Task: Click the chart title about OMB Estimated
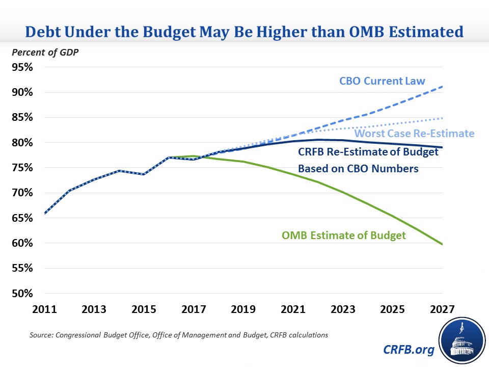point(244,32)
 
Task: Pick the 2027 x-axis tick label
point(442,309)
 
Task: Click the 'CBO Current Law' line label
point(382,81)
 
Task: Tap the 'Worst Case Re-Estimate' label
point(414,134)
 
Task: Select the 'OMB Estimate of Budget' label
point(344,235)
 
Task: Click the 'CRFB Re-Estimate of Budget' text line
point(368,151)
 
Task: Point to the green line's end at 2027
point(442,244)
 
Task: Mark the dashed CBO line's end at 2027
point(442,87)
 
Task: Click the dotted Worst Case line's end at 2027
point(442,118)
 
